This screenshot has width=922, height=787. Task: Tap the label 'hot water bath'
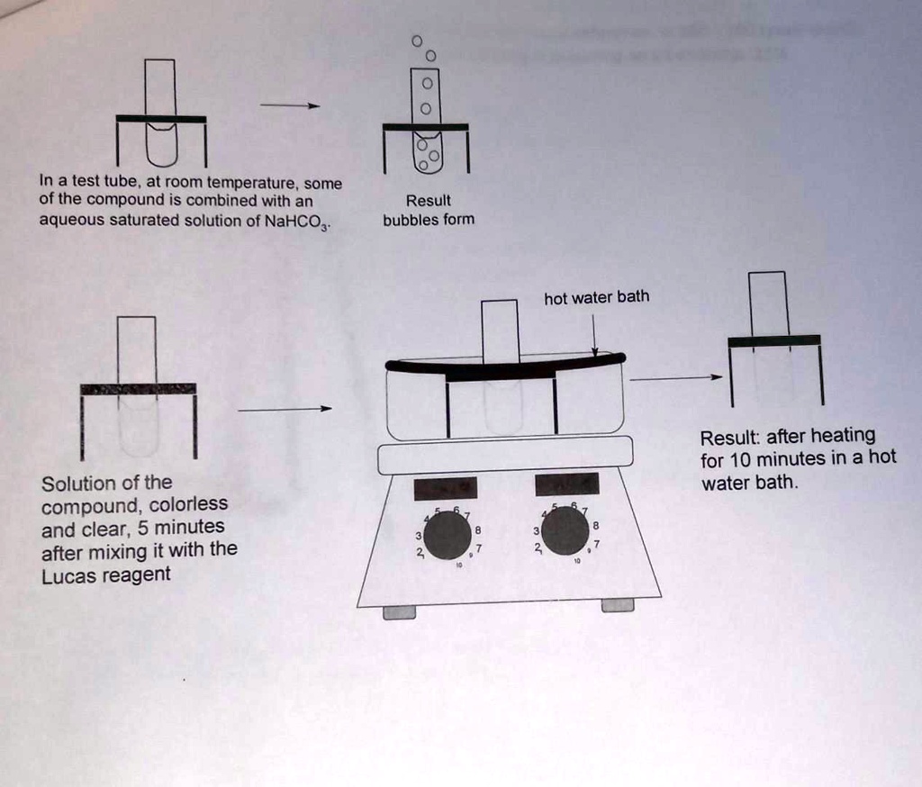click(596, 297)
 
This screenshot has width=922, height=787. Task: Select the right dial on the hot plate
click(565, 532)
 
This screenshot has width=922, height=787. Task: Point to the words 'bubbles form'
click(428, 219)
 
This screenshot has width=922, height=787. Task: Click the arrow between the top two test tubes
click(290, 105)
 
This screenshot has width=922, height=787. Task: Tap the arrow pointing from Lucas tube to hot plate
click(285, 409)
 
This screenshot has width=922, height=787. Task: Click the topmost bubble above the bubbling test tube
click(416, 41)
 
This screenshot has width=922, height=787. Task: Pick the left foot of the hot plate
click(399, 612)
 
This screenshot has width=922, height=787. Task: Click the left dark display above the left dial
click(444, 487)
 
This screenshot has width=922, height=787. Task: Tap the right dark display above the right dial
click(566, 484)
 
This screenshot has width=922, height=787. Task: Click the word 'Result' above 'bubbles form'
click(428, 200)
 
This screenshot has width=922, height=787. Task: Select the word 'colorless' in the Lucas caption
click(188, 504)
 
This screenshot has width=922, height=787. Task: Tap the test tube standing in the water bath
click(500, 360)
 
